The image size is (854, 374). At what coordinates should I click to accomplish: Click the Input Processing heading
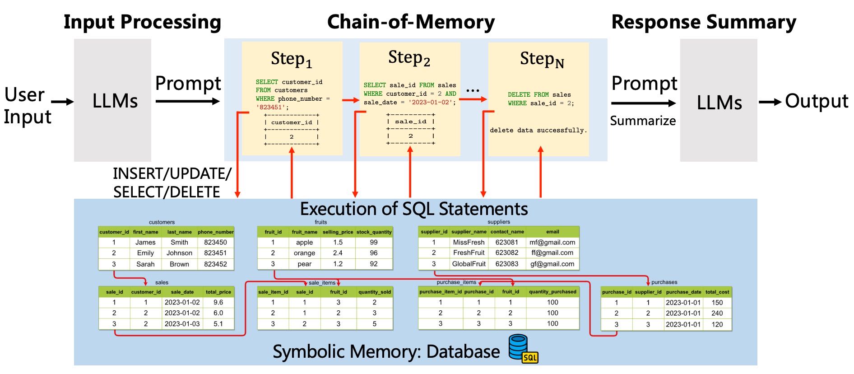(x=142, y=22)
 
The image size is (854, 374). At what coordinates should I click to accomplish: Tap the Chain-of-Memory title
(x=411, y=22)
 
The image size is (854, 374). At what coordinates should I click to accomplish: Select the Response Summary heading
(x=704, y=22)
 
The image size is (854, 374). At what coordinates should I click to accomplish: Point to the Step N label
(x=542, y=59)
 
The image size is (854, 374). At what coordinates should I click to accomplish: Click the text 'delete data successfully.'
(x=538, y=131)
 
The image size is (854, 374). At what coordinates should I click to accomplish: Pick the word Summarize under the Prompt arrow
(x=643, y=121)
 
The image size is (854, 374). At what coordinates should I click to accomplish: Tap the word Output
(x=817, y=101)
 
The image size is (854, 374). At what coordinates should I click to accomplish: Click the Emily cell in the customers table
(x=145, y=253)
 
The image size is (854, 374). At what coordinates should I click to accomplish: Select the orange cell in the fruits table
(x=304, y=253)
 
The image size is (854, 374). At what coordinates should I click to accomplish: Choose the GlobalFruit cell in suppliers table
(x=469, y=264)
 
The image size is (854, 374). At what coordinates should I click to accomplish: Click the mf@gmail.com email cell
(x=552, y=243)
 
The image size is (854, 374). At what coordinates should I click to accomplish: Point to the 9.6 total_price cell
(x=218, y=303)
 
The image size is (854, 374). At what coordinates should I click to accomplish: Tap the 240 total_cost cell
(x=717, y=313)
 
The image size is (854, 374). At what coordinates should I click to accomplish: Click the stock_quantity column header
(x=374, y=232)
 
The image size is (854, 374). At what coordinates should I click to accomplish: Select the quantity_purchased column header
(x=552, y=292)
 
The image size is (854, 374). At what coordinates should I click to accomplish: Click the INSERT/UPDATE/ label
(x=172, y=174)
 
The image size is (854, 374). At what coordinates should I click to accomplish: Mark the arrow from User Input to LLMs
(x=63, y=102)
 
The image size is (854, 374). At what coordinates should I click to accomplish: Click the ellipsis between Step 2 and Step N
(x=473, y=90)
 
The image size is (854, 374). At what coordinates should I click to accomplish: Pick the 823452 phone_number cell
(x=215, y=264)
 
